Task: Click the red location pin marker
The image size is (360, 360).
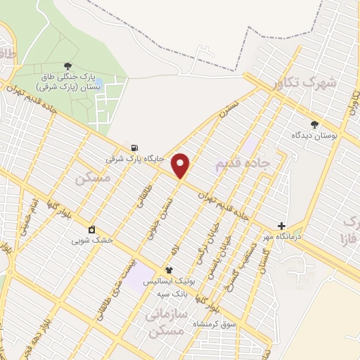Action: coord(181,165)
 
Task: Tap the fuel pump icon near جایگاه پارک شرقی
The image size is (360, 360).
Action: coord(134,148)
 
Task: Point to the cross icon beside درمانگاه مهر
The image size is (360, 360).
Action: coord(282,226)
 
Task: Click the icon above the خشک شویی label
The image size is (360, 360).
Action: coord(92,229)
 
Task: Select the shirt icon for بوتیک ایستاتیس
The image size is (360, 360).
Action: coord(169,269)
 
